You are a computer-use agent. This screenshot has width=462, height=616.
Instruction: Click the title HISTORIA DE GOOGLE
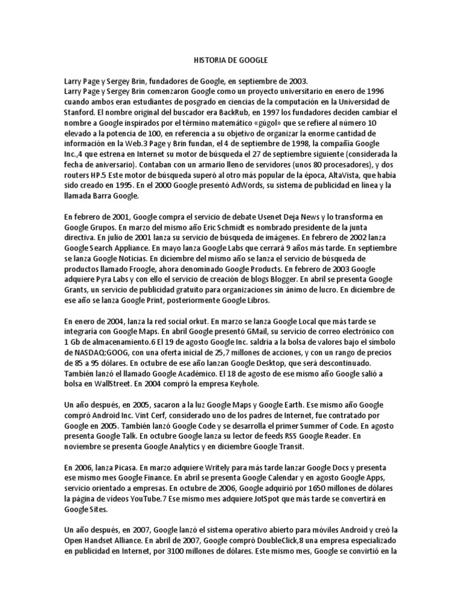[x=231, y=61]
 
